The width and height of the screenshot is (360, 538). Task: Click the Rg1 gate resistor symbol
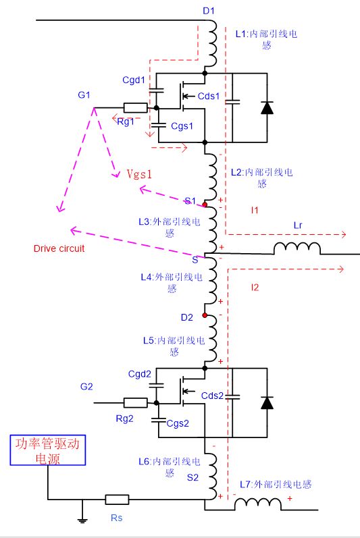point(135,108)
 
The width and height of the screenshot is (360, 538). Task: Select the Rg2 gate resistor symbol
point(135,403)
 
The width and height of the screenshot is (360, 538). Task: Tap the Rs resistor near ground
point(117,500)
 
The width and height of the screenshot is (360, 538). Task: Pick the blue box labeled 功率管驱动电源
point(48,450)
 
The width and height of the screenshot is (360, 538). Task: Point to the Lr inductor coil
point(297,248)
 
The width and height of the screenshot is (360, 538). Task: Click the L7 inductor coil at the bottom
point(258,504)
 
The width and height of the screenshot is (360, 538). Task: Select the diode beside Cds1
point(267,107)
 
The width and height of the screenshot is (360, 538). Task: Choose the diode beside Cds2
point(267,402)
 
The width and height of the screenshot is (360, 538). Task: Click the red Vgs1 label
point(139,174)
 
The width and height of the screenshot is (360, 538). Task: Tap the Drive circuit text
point(59,248)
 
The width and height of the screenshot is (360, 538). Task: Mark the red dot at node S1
point(205,205)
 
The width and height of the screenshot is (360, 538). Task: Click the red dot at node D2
point(205,315)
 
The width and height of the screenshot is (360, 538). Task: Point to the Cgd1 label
point(134,80)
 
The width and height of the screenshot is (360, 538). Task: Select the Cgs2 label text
point(178,423)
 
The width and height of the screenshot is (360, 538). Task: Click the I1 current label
point(255,211)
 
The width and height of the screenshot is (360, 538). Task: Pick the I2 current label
point(255,288)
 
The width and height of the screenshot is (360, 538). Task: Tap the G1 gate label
point(84,95)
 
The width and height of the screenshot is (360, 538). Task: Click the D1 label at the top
point(209,11)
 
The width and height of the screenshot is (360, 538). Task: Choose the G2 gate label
point(86,387)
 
